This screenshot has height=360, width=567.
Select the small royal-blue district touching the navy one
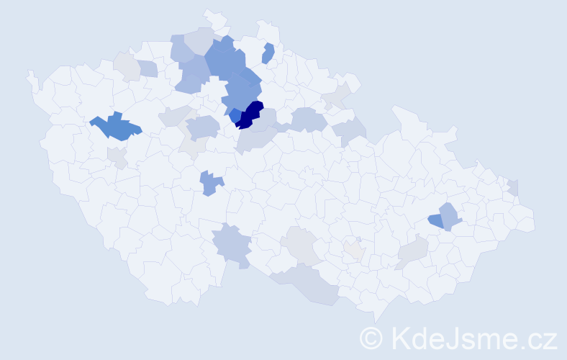click(x=235, y=114)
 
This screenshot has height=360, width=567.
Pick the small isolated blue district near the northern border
click(x=268, y=53)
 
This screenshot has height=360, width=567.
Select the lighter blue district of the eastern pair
click(x=449, y=215)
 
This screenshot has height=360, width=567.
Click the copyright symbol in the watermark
click(x=372, y=337)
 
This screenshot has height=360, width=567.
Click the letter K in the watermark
click(x=400, y=337)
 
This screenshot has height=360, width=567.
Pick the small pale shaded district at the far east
click(x=512, y=187)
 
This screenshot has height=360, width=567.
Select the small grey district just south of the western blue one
click(x=117, y=156)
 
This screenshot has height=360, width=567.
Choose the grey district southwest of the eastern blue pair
click(x=413, y=251)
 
